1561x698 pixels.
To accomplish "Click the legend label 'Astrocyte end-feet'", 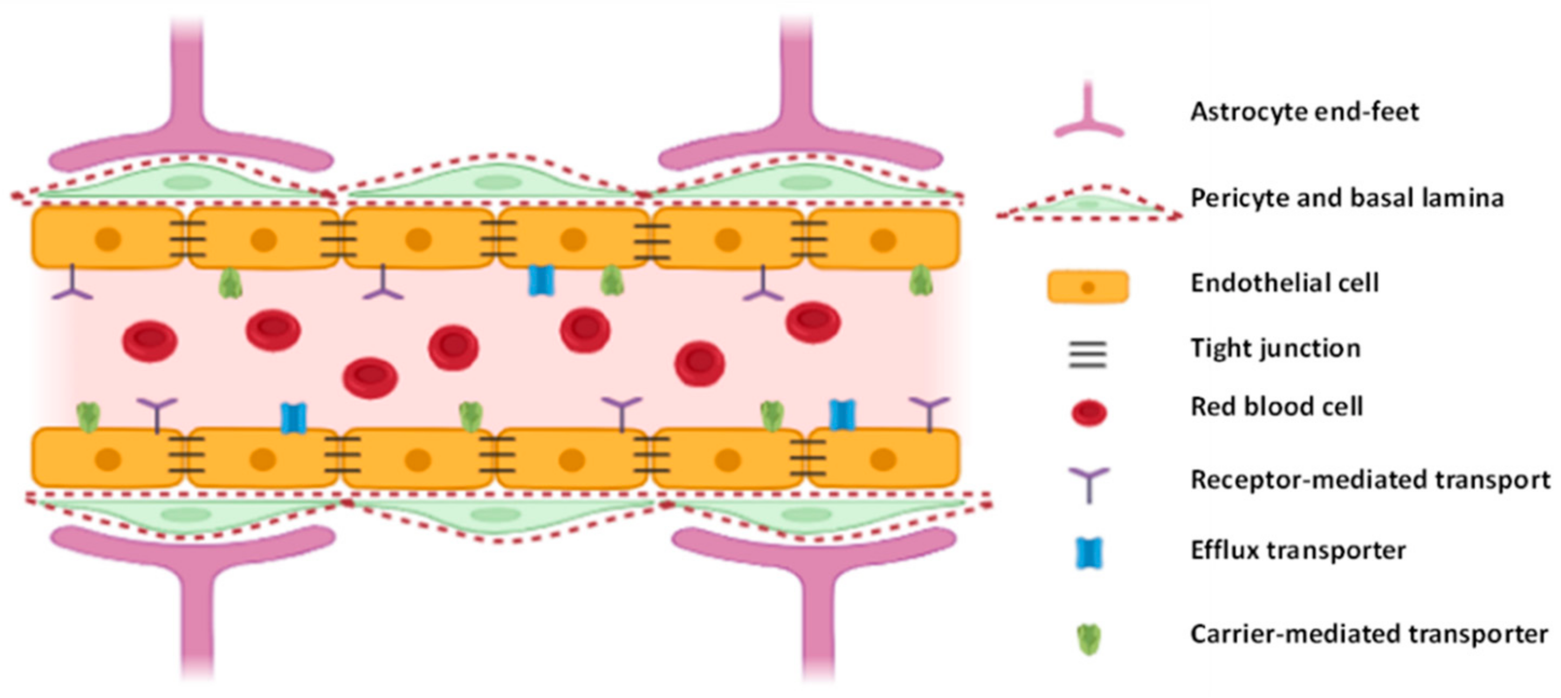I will (x=1304, y=112).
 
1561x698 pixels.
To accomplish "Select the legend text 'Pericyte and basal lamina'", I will (x=1346, y=198).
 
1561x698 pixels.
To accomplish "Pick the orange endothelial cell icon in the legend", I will (x=1088, y=286).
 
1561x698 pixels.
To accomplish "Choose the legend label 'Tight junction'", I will (x=1276, y=348).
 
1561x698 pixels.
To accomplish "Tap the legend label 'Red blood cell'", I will (x=1277, y=407).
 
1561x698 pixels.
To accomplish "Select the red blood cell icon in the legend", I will (x=1089, y=413).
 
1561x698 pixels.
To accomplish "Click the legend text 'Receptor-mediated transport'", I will (x=1370, y=480).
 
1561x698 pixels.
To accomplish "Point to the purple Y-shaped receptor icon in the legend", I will (x=1089, y=483).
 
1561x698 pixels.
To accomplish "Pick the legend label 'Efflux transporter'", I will (x=1298, y=551).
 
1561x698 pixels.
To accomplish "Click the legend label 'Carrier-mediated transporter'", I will (x=1369, y=634).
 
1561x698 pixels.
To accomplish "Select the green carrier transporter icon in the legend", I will (x=1089, y=640).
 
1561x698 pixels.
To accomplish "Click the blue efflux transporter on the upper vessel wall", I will (x=541, y=280).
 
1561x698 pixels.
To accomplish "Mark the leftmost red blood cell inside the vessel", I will (x=150, y=341).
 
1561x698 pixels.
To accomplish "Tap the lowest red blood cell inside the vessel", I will (x=370, y=377).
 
